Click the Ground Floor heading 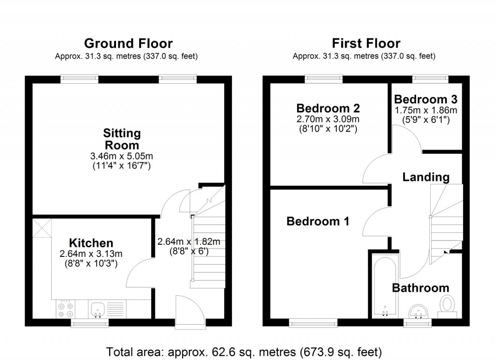point(128,44)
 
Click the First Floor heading point(365,44)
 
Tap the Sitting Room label point(122,139)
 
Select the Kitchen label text point(91,243)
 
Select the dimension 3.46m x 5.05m point(122,156)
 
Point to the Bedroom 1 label point(318,222)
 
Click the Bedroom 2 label point(328,108)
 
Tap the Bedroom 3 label point(425,99)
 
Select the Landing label point(426,177)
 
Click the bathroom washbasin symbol point(419,310)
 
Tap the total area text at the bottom point(247,351)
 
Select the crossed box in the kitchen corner point(42,227)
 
